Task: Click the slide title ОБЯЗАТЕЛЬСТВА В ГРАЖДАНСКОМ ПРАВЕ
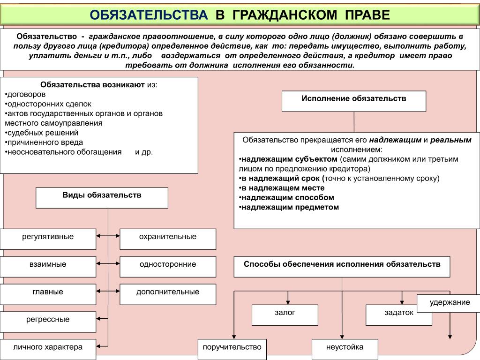(x=240, y=15)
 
